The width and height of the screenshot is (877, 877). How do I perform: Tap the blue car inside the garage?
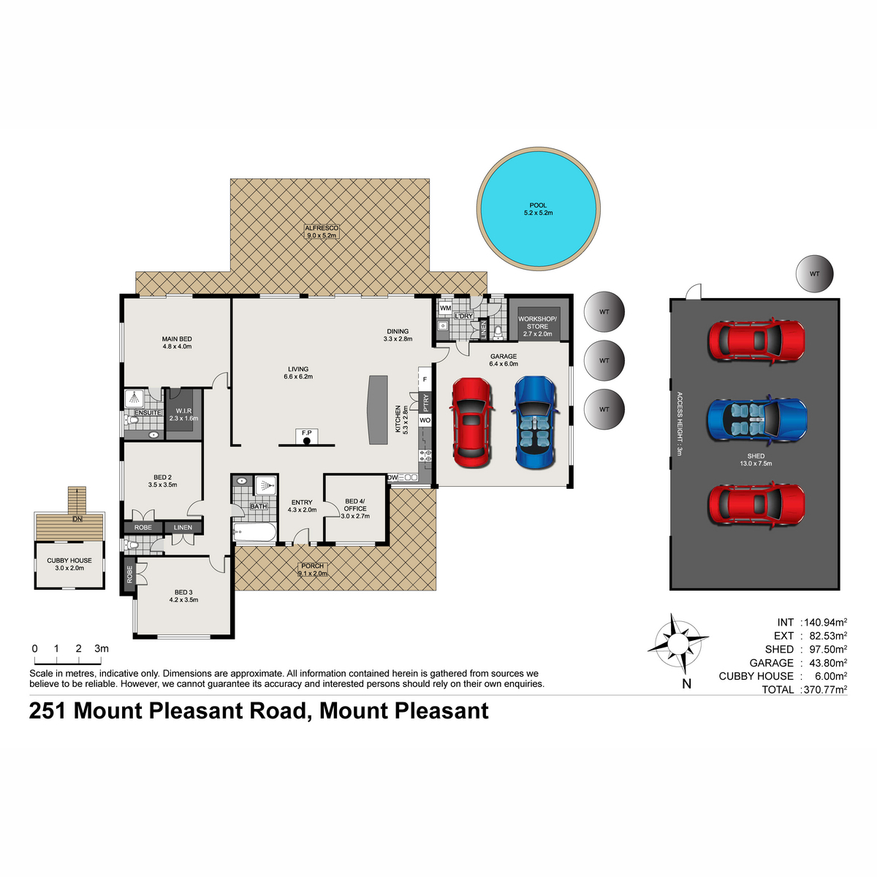tap(535, 422)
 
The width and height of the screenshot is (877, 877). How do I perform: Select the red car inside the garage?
tap(472, 422)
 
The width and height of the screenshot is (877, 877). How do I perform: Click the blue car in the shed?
tap(756, 419)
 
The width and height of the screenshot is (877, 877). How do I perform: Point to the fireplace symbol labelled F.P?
tap(306, 436)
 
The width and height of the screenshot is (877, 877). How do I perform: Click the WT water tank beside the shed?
tap(814, 273)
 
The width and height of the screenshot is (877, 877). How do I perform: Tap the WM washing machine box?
tap(445, 308)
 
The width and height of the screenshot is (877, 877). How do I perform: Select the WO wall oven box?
tap(425, 420)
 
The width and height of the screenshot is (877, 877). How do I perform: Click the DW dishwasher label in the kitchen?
tap(392, 477)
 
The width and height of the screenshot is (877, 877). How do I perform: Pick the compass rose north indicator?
tap(678, 644)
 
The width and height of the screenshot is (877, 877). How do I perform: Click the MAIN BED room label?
tap(177, 338)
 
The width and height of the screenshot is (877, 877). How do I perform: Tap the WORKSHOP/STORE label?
tap(537, 323)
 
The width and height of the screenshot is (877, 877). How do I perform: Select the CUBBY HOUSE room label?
tap(69, 561)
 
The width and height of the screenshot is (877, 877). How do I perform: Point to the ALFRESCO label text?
tap(322, 228)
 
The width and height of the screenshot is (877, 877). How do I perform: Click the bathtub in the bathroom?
tap(254, 531)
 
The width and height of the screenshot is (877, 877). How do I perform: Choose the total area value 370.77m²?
tap(825, 689)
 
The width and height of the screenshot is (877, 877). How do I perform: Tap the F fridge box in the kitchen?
tap(425, 379)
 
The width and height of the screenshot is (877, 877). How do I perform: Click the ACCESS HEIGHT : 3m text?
tap(680, 424)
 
